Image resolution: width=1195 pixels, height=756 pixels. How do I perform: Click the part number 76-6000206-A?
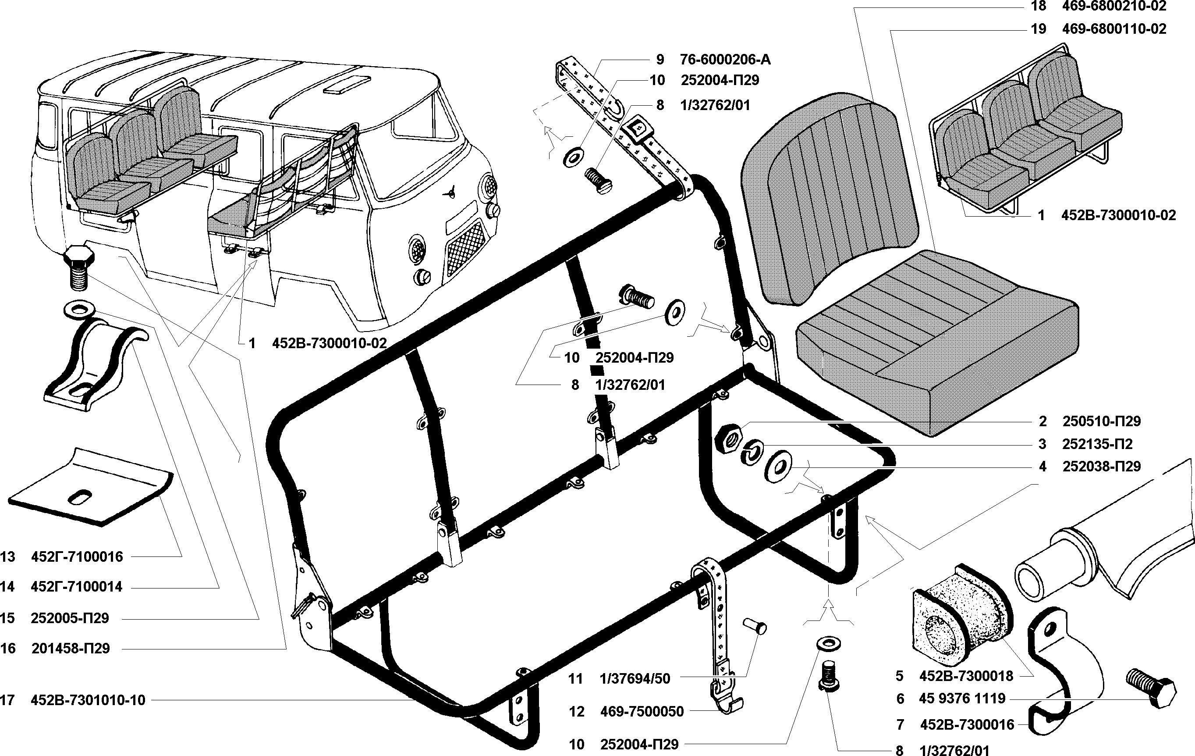725,60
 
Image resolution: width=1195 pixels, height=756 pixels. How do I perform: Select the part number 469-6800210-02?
1114,6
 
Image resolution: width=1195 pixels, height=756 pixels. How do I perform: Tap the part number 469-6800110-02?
1114,29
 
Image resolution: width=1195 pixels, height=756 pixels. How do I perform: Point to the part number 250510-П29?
1102,421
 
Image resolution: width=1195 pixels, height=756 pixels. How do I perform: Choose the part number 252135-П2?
1097,444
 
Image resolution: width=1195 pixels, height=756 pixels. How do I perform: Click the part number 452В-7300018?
966,676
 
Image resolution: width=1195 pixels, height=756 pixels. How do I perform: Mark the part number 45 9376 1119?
962,699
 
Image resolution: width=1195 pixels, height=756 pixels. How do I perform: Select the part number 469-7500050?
642,712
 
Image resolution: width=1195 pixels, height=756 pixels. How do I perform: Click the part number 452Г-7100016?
77,556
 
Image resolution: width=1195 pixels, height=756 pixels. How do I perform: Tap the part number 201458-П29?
71,648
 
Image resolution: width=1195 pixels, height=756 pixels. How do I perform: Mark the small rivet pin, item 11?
755,626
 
